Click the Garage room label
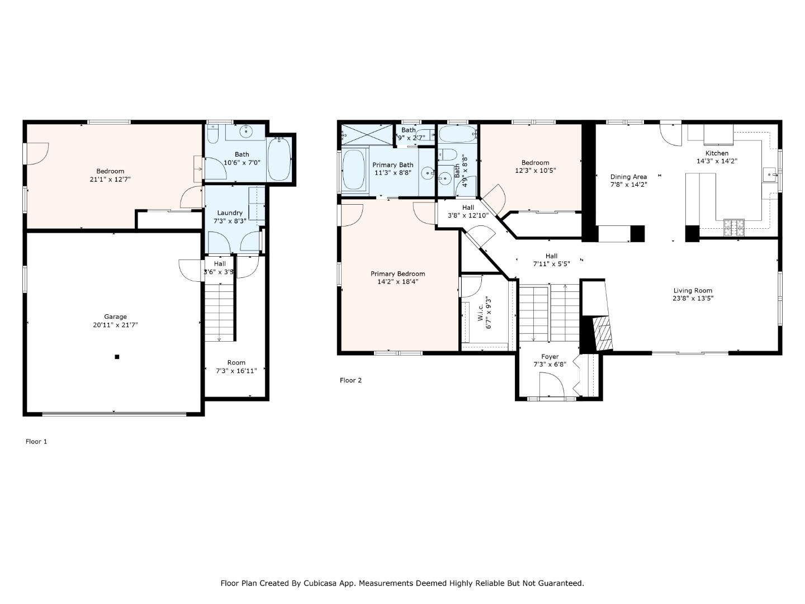pyautogui.click(x=115, y=317)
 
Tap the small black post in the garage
pyautogui.click(x=117, y=357)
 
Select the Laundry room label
pyautogui.click(x=230, y=213)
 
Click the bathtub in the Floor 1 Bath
pyautogui.click(x=279, y=159)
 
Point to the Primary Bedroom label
pyautogui.click(x=397, y=273)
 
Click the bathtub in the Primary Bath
pyautogui.click(x=353, y=169)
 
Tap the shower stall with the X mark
pyautogui.click(x=367, y=135)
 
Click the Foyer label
pyautogui.click(x=550, y=356)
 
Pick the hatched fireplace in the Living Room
pyautogui.click(x=603, y=333)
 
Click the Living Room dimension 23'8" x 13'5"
pyautogui.click(x=693, y=298)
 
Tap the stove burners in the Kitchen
pyautogui.click(x=734, y=226)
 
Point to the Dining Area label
pyautogui.click(x=628, y=177)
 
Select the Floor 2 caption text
pyautogui.click(x=351, y=380)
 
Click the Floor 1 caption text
pyautogui.click(x=36, y=441)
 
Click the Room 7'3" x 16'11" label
pyautogui.click(x=236, y=366)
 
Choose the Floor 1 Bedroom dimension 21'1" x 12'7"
pyautogui.click(x=110, y=179)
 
